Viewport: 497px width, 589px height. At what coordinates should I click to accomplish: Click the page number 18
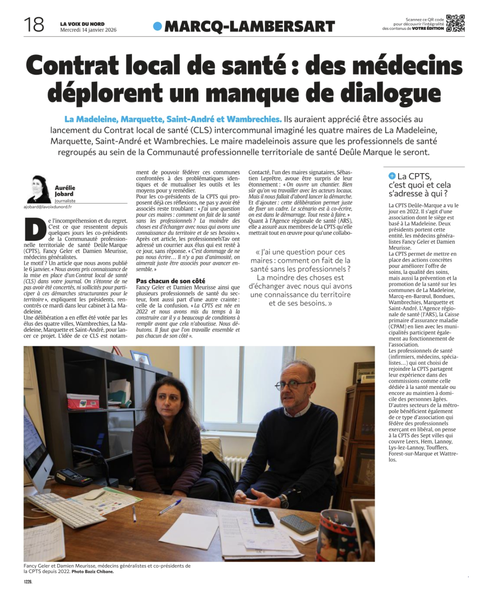click(34, 25)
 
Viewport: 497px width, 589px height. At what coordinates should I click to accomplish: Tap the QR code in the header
click(455, 23)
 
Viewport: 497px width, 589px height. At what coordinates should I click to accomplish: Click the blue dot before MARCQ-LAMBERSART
click(158, 26)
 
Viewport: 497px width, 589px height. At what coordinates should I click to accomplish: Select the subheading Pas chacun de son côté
click(170, 281)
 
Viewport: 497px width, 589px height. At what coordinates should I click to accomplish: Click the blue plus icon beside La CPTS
click(392, 176)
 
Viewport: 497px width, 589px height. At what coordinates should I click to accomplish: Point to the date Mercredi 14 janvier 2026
click(88, 30)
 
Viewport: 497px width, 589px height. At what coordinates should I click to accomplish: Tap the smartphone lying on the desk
click(262, 516)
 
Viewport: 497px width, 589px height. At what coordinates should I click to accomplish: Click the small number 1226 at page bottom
click(28, 582)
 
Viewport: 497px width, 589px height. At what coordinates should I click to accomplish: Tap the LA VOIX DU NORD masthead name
click(82, 24)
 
